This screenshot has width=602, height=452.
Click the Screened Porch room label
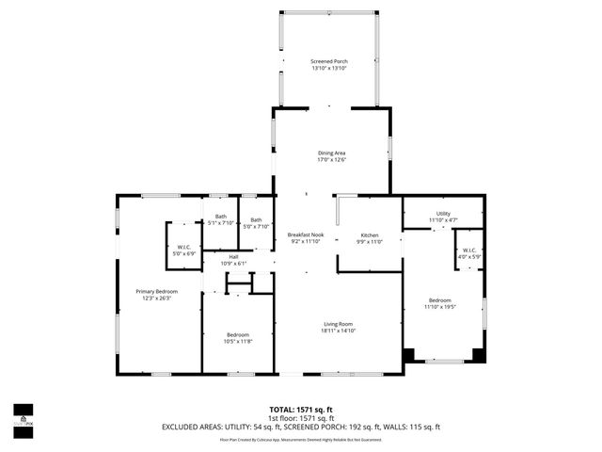click(x=329, y=62)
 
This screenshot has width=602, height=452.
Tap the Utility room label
click(x=442, y=214)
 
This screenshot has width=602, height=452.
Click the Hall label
click(x=233, y=257)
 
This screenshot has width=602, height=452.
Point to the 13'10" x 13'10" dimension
click(x=329, y=69)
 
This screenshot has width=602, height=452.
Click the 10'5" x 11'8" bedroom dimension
click(x=237, y=341)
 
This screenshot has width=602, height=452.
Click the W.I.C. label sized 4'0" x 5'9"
click(x=468, y=251)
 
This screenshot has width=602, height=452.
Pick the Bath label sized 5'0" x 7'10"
click(x=256, y=220)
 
